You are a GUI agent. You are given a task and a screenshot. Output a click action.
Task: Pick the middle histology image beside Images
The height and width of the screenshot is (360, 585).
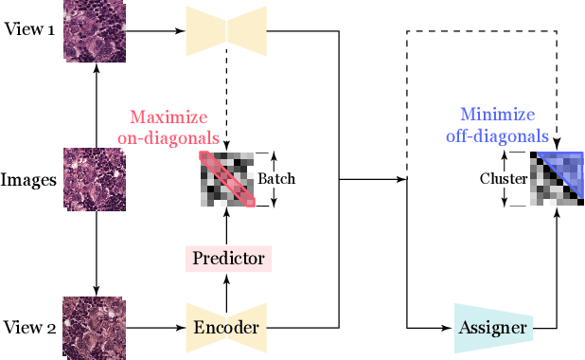(x=95, y=178)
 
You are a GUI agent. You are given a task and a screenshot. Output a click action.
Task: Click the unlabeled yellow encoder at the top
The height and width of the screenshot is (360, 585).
(x=227, y=27)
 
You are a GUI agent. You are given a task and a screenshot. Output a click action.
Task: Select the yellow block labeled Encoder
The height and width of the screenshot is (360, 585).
(x=227, y=328)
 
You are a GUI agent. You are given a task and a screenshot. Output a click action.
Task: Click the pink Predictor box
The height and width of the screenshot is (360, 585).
(x=227, y=258)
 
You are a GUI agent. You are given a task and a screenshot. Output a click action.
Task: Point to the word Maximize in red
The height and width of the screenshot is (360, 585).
(x=168, y=119)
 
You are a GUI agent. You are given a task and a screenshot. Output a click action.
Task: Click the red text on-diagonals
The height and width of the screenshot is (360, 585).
(x=168, y=136)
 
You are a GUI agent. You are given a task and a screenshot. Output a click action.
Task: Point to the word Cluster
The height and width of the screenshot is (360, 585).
(x=502, y=178)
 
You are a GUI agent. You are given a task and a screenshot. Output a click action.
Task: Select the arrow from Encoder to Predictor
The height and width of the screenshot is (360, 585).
(x=227, y=289)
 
